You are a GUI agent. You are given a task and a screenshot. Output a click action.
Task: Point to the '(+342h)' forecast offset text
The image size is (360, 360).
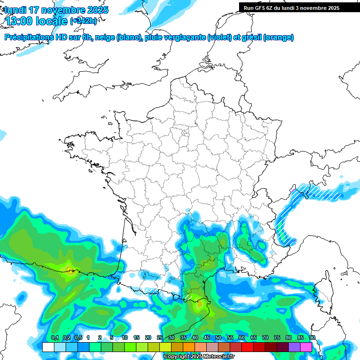click(x=83, y=21)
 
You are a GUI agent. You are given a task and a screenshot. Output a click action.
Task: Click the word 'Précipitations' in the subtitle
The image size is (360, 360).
click(x=29, y=37)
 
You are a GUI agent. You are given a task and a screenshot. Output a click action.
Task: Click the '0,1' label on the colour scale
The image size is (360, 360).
click(x=55, y=337)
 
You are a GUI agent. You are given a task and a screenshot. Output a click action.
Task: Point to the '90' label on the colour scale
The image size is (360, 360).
click(x=312, y=337)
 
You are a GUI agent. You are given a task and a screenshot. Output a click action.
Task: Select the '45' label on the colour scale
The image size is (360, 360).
click(x=207, y=337)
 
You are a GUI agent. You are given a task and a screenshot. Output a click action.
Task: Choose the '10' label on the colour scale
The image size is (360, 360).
click(x=125, y=337)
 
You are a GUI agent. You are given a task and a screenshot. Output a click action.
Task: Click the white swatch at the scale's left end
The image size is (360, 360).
click(x=48, y=347)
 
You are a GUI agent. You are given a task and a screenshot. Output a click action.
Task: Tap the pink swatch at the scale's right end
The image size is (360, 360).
click(x=306, y=347)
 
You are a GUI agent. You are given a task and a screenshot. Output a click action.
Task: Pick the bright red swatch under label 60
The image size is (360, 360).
click(x=247, y=347)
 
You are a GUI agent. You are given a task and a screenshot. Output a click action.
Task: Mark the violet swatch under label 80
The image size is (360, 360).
click(x=294, y=347)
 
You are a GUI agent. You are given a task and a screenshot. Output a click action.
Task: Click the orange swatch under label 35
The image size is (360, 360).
click(x=189, y=347)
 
